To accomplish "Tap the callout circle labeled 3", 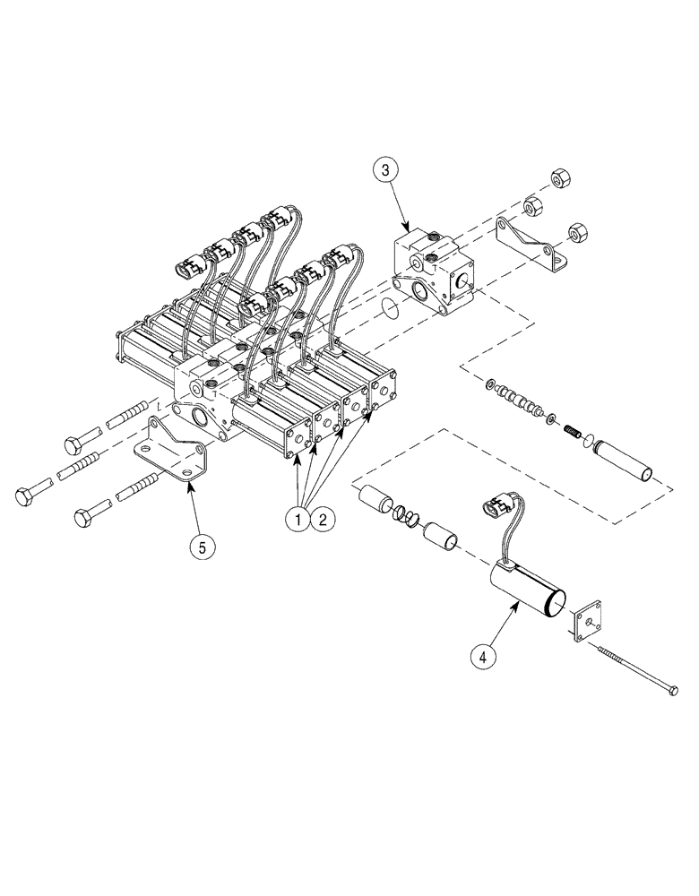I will [384, 170].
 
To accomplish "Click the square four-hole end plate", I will [585, 625].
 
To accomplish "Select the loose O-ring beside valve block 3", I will [389, 308].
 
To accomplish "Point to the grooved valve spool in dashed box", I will [522, 401].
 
